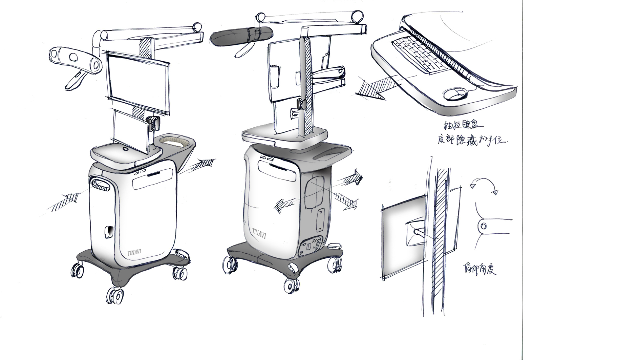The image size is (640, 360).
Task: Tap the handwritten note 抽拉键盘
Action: tap(461, 126)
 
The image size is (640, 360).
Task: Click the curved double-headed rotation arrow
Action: tap(483, 186)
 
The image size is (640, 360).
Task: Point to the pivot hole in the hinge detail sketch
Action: tap(484, 226)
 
